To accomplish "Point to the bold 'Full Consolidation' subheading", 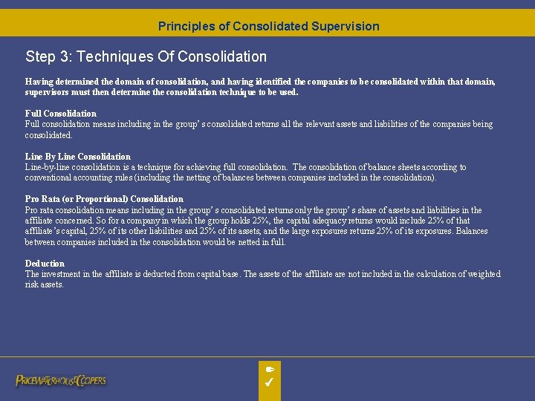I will [61, 114].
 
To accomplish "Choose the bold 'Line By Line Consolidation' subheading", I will [78, 157].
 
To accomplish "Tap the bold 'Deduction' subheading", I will [45, 264].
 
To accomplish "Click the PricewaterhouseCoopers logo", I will [61, 380].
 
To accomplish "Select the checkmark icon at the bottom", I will [270, 382].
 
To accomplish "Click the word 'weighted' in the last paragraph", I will [483, 274].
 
